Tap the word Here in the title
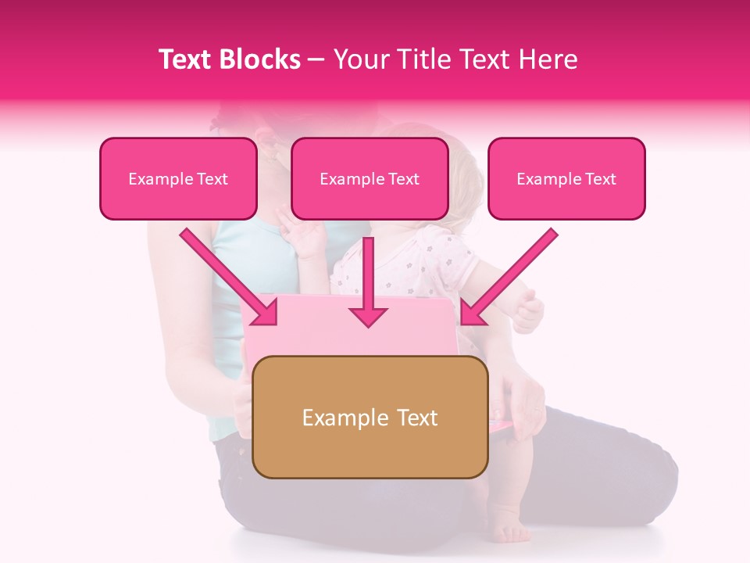550,59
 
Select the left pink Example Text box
178,178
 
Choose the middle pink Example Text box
370,178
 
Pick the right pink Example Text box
566,178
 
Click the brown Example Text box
370,417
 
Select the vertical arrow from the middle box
368,281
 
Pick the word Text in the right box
600,179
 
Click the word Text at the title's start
187,59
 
